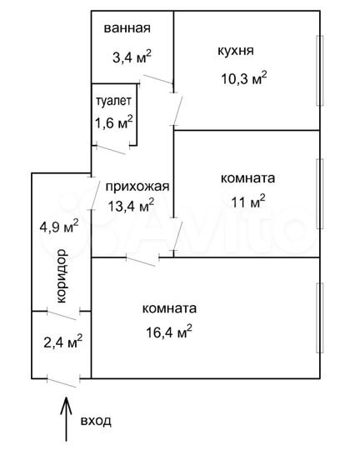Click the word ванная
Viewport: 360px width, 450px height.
pyautogui.click(x=127, y=28)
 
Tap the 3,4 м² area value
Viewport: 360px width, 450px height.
pyautogui.click(x=132, y=57)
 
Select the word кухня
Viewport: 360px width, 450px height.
pyautogui.click(x=235, y=51)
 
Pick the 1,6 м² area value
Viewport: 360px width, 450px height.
pyautogui.click(x=114, y=122)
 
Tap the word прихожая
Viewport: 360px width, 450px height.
pyautogui.click(x=137, y=187)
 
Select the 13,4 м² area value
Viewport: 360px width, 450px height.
pyautogui.click(x=132, y=205)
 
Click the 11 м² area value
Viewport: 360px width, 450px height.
pyautogui.click(x=248, y=200)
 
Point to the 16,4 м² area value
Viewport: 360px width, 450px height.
pyautogui.click(x=167, y=330)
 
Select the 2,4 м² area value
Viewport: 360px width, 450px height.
pyautogui.click(x=62, y=341)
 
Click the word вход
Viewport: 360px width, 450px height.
pyautogui.click(x=95, y=422)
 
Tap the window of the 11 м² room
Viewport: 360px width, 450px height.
pyautogui.click(x=318, y=193)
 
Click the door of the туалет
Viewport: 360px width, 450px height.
pyautogui.click(x=109, y=147)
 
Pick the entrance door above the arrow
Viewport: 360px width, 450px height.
pyautogui.click(x=63, y=380)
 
